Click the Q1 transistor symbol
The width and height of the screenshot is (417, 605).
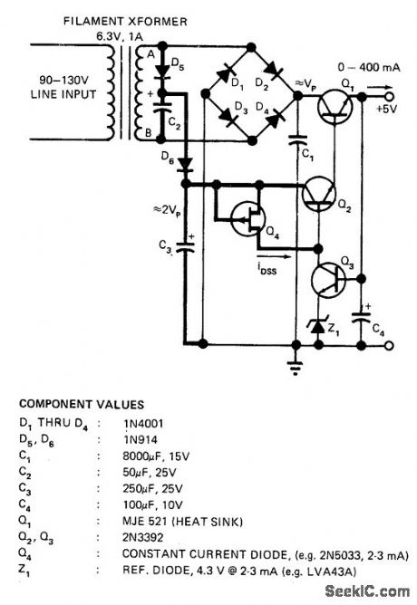(336, 108)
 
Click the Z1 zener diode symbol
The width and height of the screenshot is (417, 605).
(317, 323)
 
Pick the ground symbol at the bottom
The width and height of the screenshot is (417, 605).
(296, 367)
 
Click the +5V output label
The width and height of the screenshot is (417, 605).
(387, 110)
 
